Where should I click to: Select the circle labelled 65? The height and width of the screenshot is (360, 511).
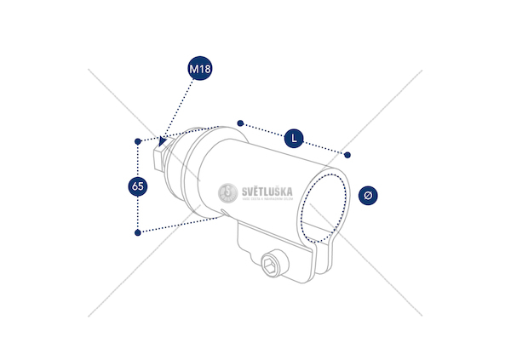click(137, 186)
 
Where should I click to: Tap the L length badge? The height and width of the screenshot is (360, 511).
click(294, 137)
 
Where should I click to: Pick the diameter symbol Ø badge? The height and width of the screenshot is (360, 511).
click(367, 195)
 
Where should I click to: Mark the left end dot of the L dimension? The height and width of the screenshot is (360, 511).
click(241, 122)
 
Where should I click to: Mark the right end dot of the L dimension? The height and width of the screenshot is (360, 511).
click(347, 154)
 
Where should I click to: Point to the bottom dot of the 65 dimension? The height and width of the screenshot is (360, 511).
click(137, 231)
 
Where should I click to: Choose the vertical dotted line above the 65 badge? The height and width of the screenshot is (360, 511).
click(137, 159)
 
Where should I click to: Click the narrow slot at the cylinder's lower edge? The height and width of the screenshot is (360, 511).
click(223, 214)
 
